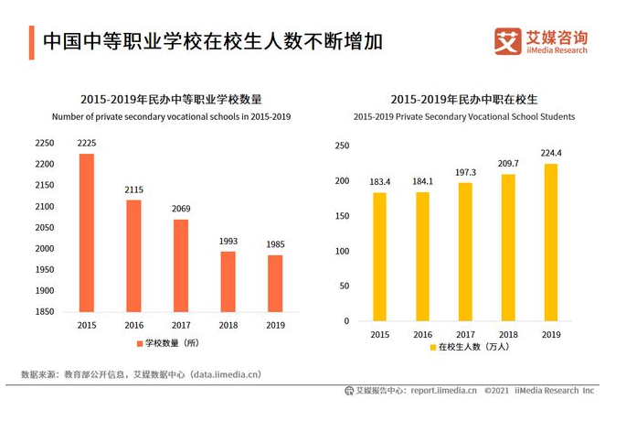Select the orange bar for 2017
click(x=181, y=265)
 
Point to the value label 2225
click(x=86, y=144)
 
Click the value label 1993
click(x=228, y=242)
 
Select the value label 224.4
click(x=551, y=153)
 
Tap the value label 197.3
click(x=465, y=172)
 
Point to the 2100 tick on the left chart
click(x=44, y=207)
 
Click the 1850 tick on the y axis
click(x=44, y=312)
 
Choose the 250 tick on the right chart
click(x=342, y=146)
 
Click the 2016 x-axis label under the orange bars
click(x=133, y=325)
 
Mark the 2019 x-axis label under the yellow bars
click(x=551, y=335)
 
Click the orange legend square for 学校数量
click(x=139, y=343)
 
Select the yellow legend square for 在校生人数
click(x=432, y=348)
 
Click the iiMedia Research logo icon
click(x=507, y=41)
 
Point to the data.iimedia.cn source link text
click(x=226, y=374)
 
